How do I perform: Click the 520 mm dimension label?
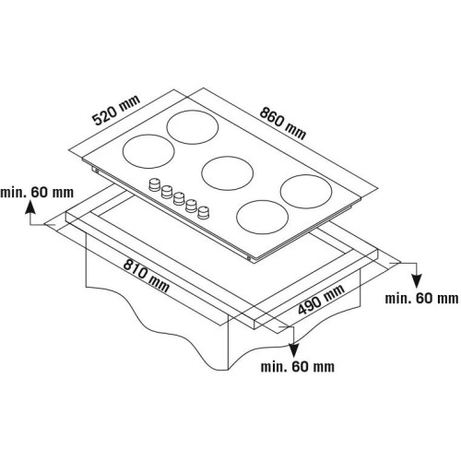click(116, 110)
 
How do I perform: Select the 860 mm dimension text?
click(283, 123)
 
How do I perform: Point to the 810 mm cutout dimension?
click(146, 276)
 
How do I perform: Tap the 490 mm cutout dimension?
click(321, 300)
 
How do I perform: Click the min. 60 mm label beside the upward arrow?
click(37, 193)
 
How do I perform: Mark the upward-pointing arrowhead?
click(30, 207)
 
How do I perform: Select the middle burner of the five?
click(228, 173)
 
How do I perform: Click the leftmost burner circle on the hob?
click(148, 151)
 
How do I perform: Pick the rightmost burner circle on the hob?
click(306, 192)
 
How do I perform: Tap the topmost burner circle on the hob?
click(193, 127)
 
